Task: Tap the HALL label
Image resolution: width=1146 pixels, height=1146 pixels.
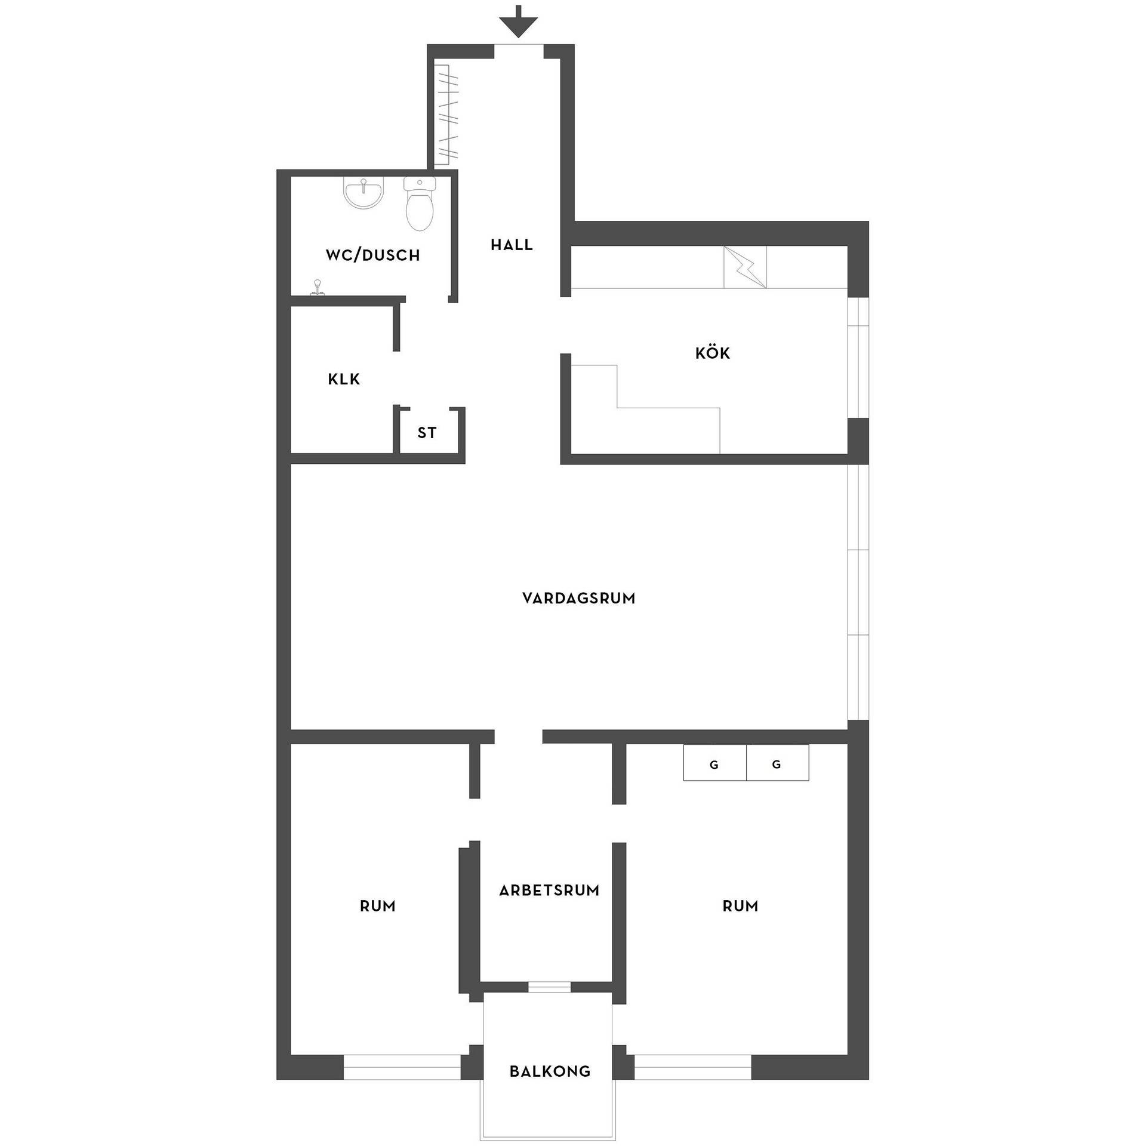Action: tap(512, 245)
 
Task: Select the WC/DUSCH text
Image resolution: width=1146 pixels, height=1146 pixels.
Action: tap(373, 255)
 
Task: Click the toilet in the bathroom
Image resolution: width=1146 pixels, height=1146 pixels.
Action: tap(420, 204)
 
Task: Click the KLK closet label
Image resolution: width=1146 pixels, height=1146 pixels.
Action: tap(344, 379)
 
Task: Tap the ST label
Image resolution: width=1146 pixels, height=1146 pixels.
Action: tap(427, 433)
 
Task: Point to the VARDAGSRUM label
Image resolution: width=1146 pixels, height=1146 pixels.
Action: tap(578, 598)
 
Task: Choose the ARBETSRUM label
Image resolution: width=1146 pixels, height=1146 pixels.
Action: tap(549, 891)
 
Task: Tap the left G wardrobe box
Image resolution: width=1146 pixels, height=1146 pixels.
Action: tap(714, 762)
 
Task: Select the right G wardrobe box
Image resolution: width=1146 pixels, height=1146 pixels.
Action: tap(778, 762)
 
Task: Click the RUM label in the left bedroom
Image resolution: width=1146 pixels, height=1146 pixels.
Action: tap(377, 906)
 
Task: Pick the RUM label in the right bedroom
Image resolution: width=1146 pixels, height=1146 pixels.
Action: tap(740, 906)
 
